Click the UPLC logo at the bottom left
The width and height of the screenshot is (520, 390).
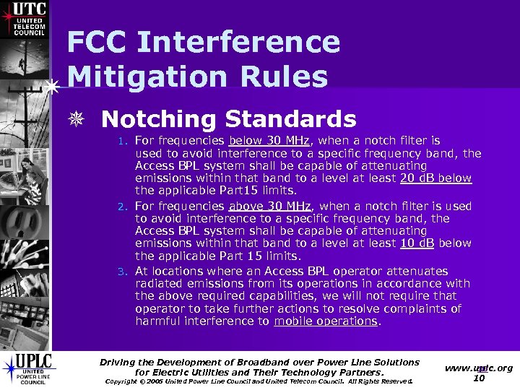27,368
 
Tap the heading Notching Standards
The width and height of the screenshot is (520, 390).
229,119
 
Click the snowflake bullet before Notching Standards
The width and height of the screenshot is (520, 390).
84,120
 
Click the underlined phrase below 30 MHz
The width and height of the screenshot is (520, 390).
269,140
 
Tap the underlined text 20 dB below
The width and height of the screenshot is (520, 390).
435,178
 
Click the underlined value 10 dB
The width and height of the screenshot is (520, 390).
417,243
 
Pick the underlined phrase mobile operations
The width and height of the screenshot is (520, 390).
326,321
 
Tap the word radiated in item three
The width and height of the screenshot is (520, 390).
158,283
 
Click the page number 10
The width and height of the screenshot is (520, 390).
478,378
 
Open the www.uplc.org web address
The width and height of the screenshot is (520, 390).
479,368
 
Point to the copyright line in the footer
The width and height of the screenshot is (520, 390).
259,381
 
